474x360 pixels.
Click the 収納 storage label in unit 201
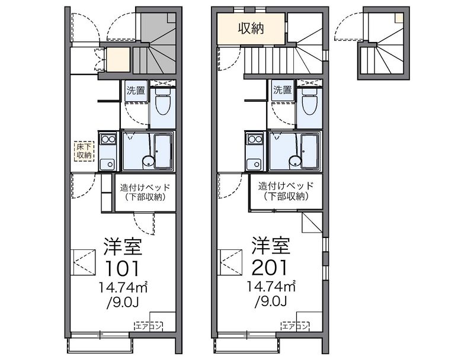251,28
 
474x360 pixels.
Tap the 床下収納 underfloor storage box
84,152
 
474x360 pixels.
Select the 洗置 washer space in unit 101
136,91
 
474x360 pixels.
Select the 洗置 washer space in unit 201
283,90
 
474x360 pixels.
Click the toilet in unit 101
163,102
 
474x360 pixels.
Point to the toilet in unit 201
309,102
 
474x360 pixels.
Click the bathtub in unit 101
164,151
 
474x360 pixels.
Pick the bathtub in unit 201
310,151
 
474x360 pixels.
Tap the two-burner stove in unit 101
108,140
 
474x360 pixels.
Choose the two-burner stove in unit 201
255,140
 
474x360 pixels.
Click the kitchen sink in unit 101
108,164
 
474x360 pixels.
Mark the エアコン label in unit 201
295,326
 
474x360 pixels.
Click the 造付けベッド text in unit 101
145,188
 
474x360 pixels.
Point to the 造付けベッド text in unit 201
286,185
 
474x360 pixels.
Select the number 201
269,267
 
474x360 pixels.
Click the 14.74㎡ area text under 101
123,288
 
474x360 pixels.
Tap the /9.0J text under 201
271,301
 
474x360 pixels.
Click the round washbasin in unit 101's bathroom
148,161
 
